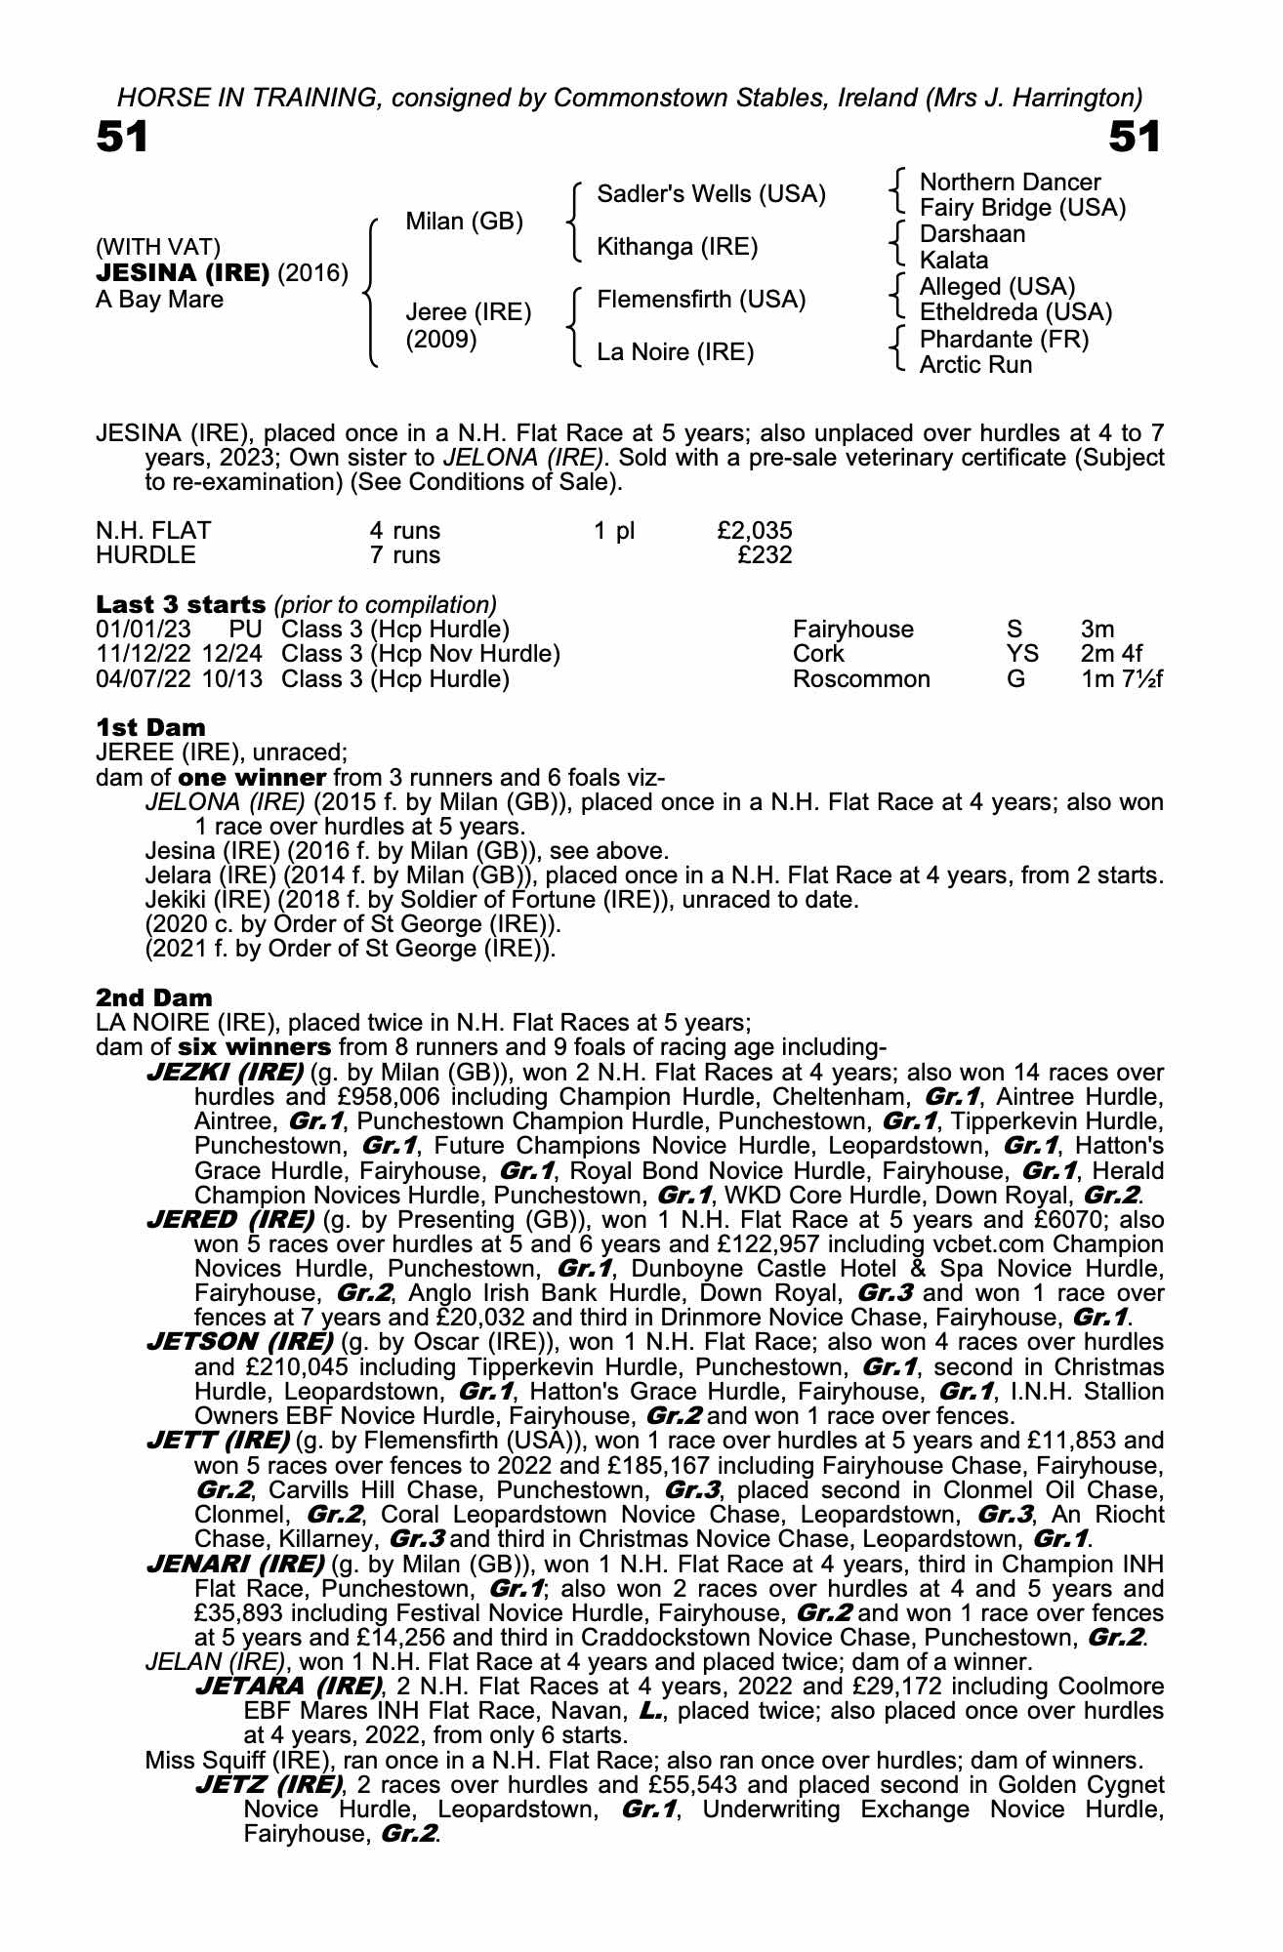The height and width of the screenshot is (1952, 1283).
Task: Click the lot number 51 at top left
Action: click(122, 138)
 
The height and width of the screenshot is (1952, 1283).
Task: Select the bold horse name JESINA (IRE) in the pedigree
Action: click(183, 273)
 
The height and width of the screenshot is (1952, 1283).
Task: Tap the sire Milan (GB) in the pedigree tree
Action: click(464, 222)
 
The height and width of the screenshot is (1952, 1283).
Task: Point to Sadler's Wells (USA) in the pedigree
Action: click(711, 194)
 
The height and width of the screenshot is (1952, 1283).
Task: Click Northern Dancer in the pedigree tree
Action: click(1010, 183)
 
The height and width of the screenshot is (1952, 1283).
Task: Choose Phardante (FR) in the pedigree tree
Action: click(1004, 339)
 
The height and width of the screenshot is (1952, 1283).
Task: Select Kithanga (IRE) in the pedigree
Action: click(677, 247)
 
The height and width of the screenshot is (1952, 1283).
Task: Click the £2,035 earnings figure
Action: click(754, 531)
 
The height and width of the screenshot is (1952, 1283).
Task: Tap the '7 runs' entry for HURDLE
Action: click(404, 555)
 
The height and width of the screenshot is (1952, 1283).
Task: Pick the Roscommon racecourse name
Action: click(861, 679)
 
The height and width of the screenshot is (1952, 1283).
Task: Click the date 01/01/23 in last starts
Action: click(143, 630)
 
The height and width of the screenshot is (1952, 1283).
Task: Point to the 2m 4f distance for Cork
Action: click(1111, 654)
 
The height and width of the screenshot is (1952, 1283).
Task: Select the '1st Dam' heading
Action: click(150, 727)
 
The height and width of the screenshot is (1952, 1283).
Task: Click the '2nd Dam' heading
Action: click(153, 997)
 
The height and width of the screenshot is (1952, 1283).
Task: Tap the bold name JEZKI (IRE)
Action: click(224, 1072)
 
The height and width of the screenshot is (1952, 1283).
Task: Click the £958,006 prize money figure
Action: click(306, 1097)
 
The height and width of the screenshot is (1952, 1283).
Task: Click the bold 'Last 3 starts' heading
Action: click(181, 604)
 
